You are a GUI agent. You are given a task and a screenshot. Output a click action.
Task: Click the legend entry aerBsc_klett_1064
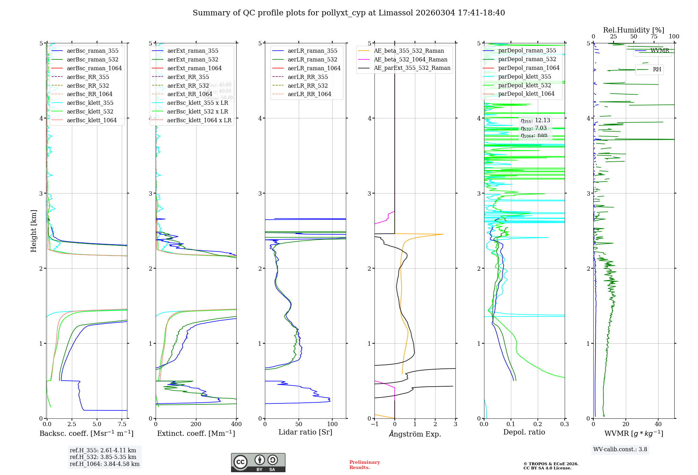[91, 120]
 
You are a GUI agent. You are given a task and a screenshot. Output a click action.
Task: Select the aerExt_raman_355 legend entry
[193, 51]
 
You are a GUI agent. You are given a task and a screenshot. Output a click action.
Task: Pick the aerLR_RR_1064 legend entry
[309, 94]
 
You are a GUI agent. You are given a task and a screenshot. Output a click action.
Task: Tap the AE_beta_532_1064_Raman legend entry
[410, 59]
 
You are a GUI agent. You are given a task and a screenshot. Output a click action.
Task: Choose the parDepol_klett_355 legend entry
[525, 76]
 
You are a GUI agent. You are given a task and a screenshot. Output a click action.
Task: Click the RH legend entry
[657, 69]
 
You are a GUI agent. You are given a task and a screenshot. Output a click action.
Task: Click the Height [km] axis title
[34, 231]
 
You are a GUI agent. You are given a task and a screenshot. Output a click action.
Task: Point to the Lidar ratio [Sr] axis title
[305, 432]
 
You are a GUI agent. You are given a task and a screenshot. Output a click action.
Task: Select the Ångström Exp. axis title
[415, 434]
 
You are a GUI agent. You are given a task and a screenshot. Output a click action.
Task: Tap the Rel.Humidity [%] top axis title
[633, 30]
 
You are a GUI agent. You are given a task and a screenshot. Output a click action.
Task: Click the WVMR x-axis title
[634, 433]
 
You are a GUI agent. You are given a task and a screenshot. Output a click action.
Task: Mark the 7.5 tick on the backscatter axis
[122, 424]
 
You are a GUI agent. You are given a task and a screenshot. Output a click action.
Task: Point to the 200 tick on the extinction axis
[196, 424]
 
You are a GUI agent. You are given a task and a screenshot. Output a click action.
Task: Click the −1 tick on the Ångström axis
[374, 424]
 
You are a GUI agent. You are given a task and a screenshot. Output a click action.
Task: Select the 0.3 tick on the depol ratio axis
[565, 424]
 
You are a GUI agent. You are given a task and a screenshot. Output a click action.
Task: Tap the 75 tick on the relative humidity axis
[654, 37]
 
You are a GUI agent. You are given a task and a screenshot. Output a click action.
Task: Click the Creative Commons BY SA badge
[258, 462]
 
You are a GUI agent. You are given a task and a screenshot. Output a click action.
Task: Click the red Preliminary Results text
[364, 465]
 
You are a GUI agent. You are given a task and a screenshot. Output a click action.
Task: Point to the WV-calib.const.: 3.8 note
[620, 449]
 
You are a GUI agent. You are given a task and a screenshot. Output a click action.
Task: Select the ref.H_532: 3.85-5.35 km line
[103, 457]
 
